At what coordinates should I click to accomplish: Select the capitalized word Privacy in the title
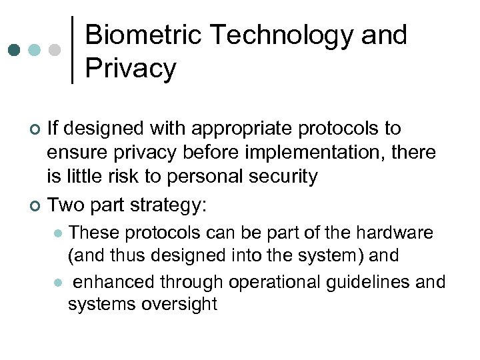(131, 68)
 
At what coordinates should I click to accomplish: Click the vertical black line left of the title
(72, 49)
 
